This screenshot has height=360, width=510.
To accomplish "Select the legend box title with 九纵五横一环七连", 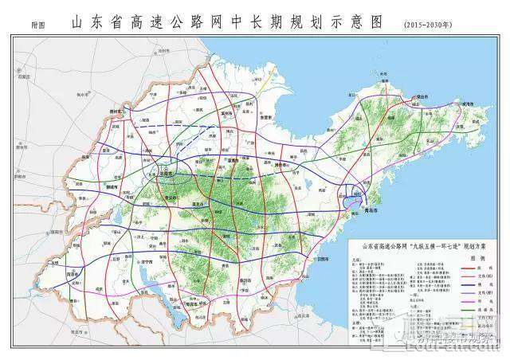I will (423, 248).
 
